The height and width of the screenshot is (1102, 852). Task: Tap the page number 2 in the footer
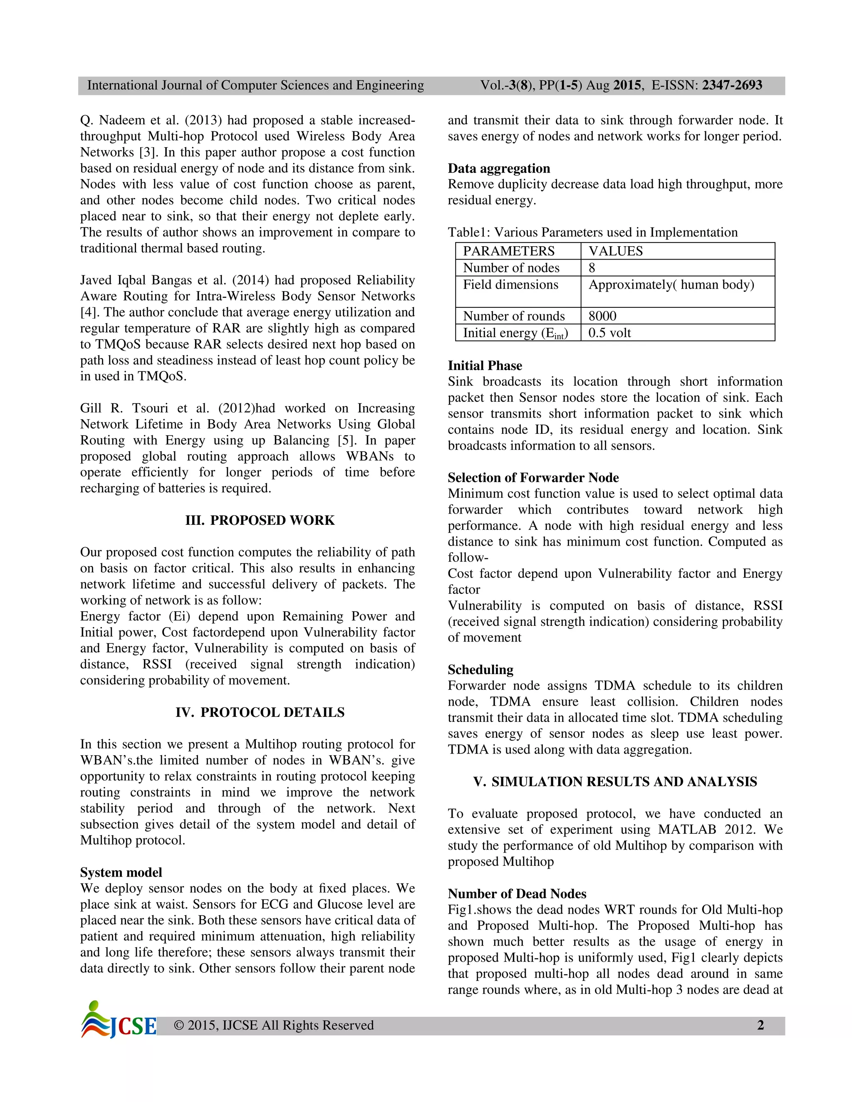click(x=760, y=1025)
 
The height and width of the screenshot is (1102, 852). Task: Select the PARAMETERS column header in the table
click(x=509, y=251)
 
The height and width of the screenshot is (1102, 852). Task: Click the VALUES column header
click(x=615, y=251)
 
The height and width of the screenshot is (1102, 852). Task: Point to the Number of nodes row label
click(x=511, y=268)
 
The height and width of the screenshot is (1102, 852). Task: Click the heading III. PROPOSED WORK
click(x=260, y=520)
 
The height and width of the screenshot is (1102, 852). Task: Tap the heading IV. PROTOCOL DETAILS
click(x=260, y=712)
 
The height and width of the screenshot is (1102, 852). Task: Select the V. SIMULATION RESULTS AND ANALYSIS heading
click(x=615, y=782)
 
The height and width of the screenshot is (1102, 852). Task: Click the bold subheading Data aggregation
click(x=499, y=168)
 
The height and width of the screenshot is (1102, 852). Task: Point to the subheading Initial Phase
click(x=485, y=366)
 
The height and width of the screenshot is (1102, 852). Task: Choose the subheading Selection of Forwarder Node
click(x=533, y=478)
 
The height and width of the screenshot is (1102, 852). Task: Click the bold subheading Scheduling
click(x=480, y=670)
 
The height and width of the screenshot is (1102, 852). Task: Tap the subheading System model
click(x=121, y=872)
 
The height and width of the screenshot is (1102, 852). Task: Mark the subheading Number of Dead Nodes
click(x=517, y=894)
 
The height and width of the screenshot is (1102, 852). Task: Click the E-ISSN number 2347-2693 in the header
click(x=732, y=85)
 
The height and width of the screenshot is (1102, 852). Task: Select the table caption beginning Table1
click(x=592, y=232)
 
